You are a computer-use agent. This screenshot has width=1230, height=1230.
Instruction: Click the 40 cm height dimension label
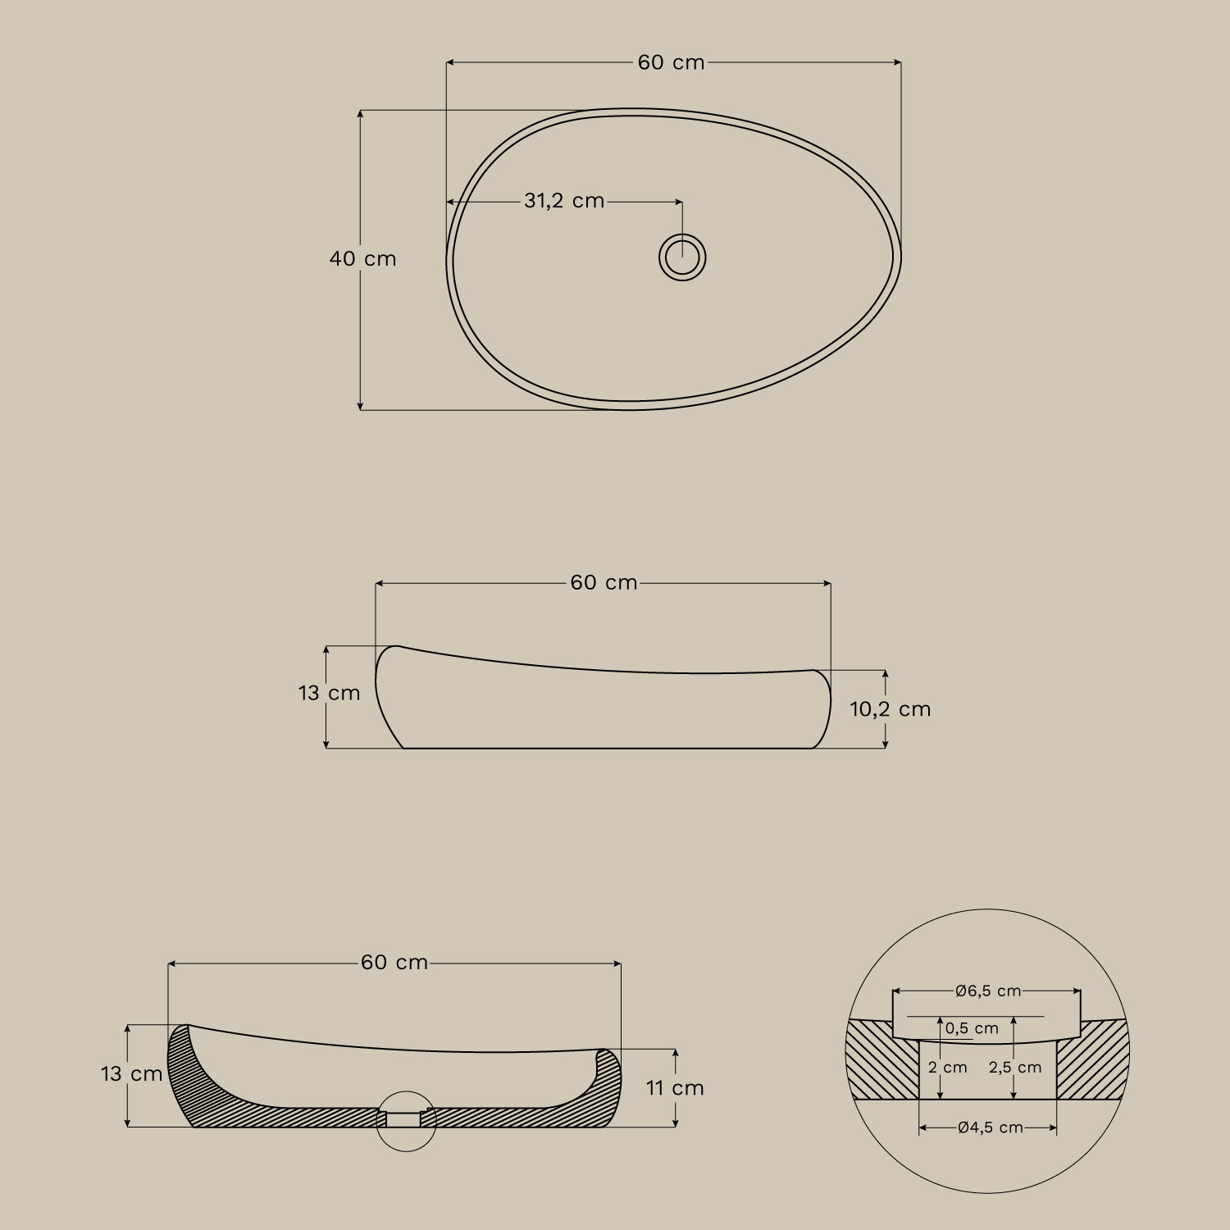[x=362, y=259]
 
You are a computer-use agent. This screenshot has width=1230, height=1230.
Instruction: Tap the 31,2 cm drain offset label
[x=564, y=201]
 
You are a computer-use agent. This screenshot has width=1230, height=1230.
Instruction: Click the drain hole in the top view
[x=682, y=257]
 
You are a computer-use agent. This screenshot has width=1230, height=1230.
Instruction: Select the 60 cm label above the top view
[x=671, y=63]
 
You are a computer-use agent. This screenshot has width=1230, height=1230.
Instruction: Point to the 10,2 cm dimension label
[x=890, y=709]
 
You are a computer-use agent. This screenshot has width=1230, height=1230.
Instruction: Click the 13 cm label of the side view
[x=329, y=694]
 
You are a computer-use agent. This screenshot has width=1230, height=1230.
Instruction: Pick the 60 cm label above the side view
[x=604, y=583]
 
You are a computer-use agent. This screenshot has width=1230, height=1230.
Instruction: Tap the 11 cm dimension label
[x=675, y=1088]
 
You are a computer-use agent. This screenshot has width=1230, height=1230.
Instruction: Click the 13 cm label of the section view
[x=131, y=1074]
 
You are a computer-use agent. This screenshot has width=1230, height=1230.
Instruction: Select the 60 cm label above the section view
[x=394, y=963]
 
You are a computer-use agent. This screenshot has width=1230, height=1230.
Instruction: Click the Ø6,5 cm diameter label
[x=988, y=991]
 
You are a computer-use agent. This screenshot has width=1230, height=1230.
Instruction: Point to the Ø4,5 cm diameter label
[x=990, y=1128]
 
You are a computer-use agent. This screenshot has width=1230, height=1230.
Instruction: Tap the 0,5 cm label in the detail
[x=972, y=1028]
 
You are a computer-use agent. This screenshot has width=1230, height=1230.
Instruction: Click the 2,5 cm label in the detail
[x=1015, y=1068]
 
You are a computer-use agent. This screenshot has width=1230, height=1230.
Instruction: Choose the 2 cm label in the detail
[x=948, y=1068]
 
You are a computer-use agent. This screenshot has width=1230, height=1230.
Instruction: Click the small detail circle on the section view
[x=406, y=1121]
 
